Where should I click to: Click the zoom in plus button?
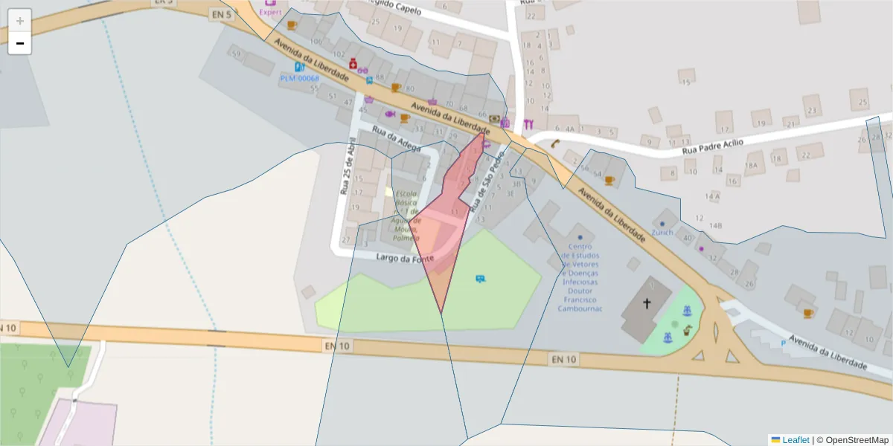click(x=20, y=20)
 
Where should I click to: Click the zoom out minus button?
click(x=20, y=43)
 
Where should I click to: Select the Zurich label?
click(x=662, y=232)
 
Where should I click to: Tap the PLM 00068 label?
click(x=299, y=78)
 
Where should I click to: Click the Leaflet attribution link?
click(x=796, y=440)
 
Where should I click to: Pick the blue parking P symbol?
click(x=782, y=343)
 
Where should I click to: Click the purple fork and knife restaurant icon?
click(x=528, y=124)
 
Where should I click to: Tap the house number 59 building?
click(x=237, y=54)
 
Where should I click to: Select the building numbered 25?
click(x=863, y=101)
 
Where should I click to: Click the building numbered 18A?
click(x=752, y=165)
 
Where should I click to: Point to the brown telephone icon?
click(x=555, y=144)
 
